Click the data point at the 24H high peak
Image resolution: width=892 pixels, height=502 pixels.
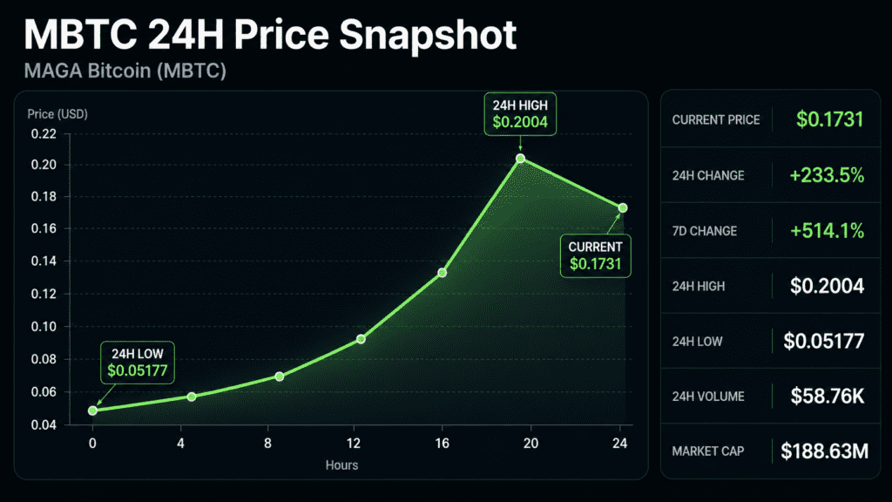[x=521, y=159]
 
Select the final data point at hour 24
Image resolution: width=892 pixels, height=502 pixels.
[x=623, y=208]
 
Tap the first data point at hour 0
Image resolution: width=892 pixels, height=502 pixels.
[x=92, y=410]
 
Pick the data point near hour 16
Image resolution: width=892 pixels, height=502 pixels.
[x=442, y=273]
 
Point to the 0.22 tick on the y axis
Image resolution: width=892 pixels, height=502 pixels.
[x=44, y=134]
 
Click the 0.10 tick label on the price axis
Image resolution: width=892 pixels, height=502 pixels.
[x=44, y=327]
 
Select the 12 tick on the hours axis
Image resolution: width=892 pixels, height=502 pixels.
[x=354, y=444]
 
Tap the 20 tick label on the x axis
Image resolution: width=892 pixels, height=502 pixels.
[x=530, y=444]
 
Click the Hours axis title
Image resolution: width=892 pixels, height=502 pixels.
[x=341, y=465]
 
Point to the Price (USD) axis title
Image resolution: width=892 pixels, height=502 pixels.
[x=57, y=114]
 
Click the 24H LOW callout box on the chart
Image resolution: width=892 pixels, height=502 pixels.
[x=138, y=363]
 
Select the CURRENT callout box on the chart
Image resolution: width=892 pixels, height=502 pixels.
[x=596, y=255]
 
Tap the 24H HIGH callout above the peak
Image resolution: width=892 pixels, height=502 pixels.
[x=520, y=114]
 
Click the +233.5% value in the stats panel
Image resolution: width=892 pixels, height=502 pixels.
[x=828, y=175]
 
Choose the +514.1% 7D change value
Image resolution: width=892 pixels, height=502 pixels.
[x=828, y=230]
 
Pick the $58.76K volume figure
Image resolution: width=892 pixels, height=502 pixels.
[x=828, y=397]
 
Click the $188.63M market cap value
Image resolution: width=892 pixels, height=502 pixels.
[x=824, y=451]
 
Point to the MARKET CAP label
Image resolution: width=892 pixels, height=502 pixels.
[x=707, y=451]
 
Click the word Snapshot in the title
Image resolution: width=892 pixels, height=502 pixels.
[x=428, y=35]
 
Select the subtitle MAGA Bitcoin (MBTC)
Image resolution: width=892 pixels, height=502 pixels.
[x=125, y=71]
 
